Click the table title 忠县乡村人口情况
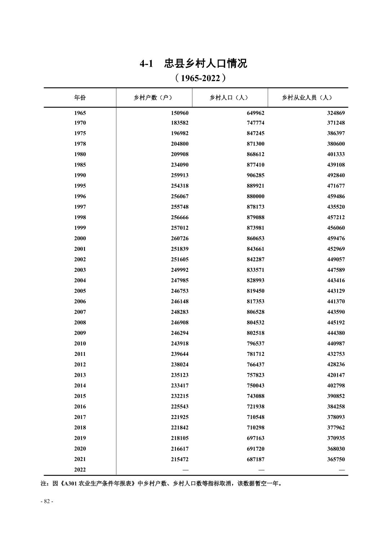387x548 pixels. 205,64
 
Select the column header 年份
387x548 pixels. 80,97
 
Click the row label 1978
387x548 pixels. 80,144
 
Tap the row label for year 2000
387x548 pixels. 80,238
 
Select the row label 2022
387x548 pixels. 80,469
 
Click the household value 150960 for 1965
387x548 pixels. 179,113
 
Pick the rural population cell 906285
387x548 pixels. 255,175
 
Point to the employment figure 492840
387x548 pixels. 336,175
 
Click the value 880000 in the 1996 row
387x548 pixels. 255,196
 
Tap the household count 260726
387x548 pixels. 179,238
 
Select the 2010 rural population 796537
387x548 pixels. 255,344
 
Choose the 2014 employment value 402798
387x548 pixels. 336,385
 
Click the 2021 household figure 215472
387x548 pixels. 179,459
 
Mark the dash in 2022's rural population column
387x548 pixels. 261,470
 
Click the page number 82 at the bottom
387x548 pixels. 47,501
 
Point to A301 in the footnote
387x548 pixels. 70,484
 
